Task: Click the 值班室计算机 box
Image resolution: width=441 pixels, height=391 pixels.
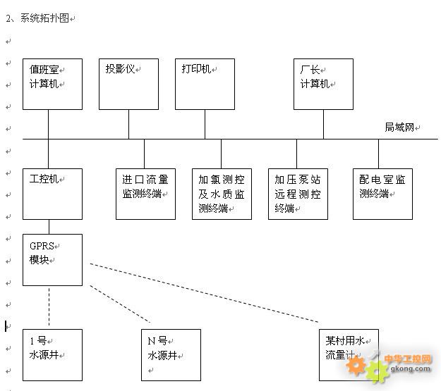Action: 52,84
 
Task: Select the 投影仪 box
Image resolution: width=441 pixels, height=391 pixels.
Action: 128,84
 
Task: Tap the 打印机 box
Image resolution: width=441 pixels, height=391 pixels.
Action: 205,84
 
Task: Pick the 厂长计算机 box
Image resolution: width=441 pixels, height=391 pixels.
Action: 323,84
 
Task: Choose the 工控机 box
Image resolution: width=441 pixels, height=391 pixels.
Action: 52,193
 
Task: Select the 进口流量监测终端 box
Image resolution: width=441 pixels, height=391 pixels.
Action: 145,193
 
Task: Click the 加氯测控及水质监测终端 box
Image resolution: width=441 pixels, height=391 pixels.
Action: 222,193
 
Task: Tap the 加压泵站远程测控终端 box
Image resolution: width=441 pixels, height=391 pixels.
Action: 298,193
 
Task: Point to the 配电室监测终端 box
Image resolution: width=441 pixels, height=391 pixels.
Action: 382,193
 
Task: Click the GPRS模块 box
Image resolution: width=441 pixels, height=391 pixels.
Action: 52,259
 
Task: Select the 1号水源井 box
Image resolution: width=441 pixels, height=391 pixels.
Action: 52,354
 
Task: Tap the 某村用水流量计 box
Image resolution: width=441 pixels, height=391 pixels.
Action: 349,354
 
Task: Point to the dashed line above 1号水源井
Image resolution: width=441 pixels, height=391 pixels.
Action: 49,306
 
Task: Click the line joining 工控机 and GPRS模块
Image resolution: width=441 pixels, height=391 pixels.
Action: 49,226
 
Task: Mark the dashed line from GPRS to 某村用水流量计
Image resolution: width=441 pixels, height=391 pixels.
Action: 205,293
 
